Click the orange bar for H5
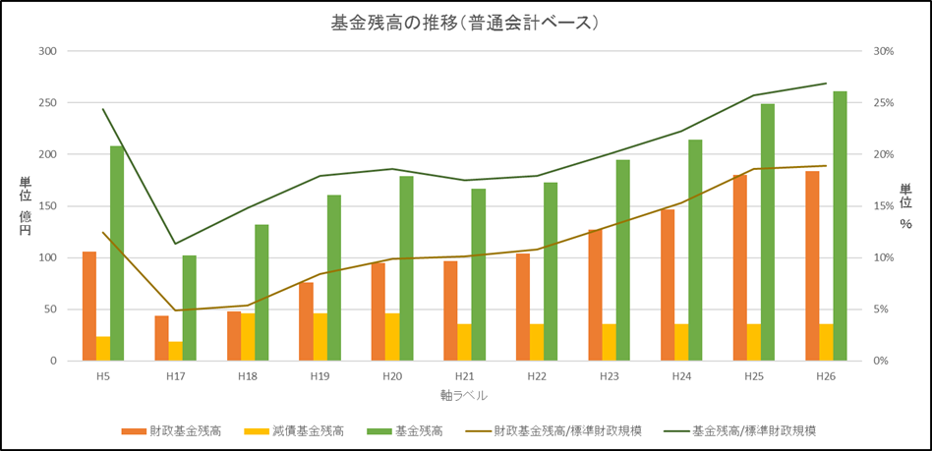pos(89,306)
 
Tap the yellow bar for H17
pos(175,351)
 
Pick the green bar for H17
pos(189,308)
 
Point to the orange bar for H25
pos(740,267)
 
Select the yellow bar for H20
pos(392,337)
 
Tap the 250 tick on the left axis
pos(46,103)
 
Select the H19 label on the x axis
pos(320,376)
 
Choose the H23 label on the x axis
pos(609,376)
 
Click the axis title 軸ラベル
pos(464,395)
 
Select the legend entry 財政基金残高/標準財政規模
pos(568,430)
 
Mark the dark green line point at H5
pos(103,109)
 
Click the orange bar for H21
pos(450,310)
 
